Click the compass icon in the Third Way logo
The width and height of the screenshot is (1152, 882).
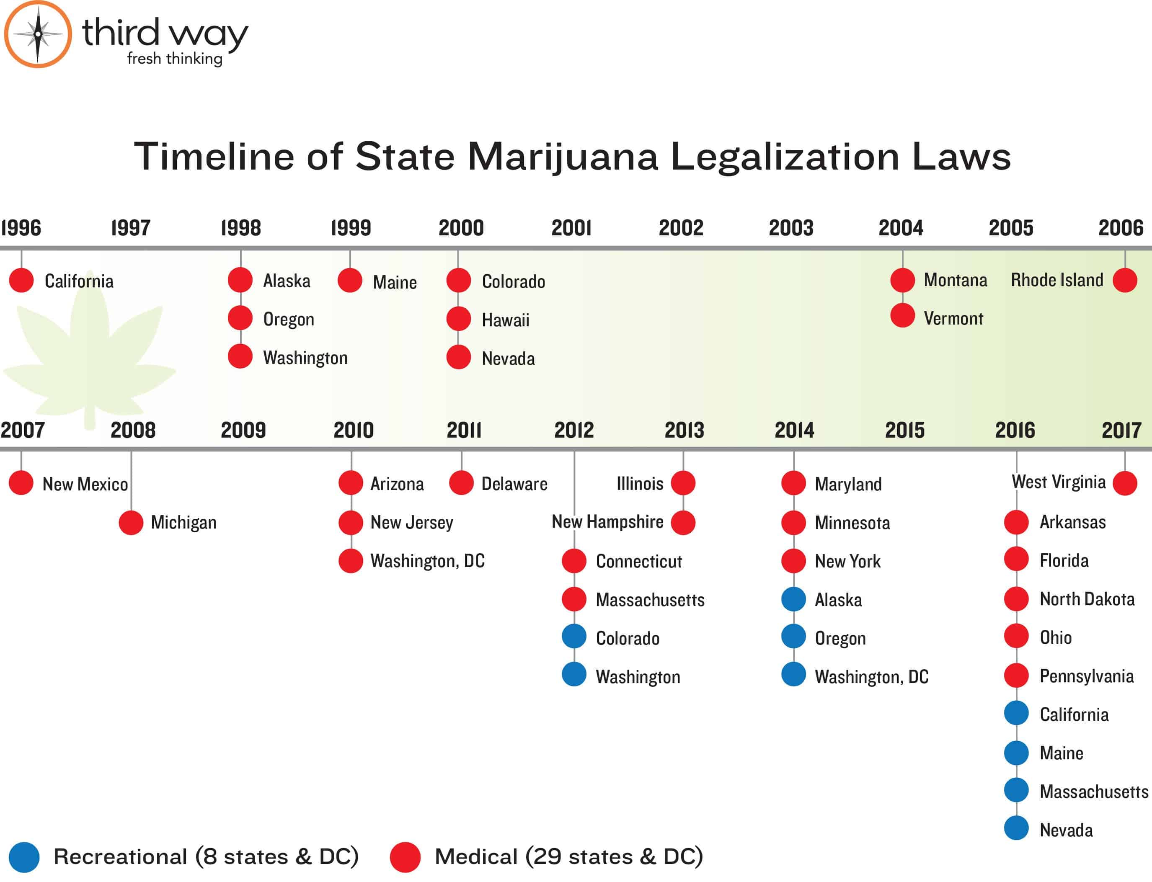[38, 34]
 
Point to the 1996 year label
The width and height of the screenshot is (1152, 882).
[21, 228]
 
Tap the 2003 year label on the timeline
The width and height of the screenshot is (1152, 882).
[791, 228]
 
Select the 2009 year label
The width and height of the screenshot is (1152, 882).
[243, 431]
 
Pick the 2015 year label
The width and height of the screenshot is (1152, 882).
[905, 431]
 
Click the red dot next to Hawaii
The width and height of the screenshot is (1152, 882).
[458, 319]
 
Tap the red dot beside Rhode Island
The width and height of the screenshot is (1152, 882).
[1125, 280]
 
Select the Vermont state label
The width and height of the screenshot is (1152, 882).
[953, 318]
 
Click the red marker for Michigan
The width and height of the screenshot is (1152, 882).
[131, 523]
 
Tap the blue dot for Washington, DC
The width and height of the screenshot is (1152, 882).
[793, 675]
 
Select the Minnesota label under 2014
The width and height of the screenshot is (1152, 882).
[852, 523]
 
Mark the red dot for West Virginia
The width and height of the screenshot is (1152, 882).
[1125, 483]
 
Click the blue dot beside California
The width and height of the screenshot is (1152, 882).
[1016, 713]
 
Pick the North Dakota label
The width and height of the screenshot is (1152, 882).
[1087, 599]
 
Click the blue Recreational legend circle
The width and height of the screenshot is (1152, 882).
[24, 857]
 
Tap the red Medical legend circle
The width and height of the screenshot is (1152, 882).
[405, 857]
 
